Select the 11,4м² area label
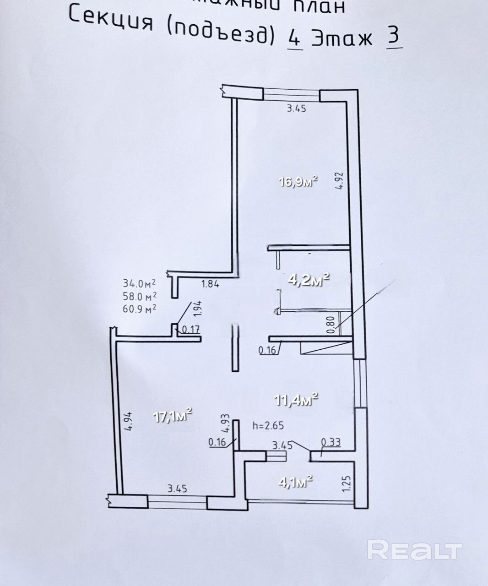click(296, 400)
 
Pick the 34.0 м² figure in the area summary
click(140, 283)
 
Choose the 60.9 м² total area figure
click(140, 308)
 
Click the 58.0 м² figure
click(140, 296)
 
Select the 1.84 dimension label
click(211, 284)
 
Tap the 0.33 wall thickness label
click(331, 442)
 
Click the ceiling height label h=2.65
click(268, 425)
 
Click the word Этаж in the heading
click(342, 39)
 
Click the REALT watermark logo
click(414, 549)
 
